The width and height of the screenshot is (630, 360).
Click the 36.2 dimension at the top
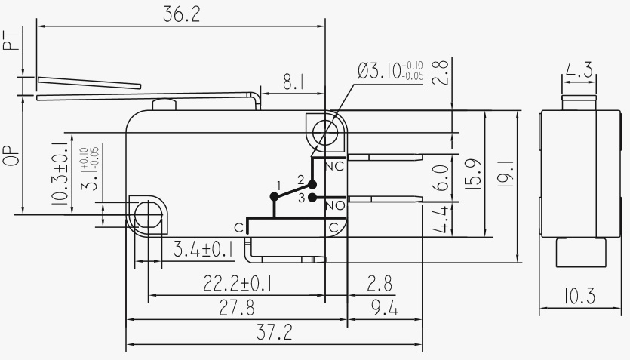tap(182, 15)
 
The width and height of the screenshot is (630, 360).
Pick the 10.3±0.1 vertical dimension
tap(61, 173)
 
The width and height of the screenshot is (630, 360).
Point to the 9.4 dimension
tap(384, 308)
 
